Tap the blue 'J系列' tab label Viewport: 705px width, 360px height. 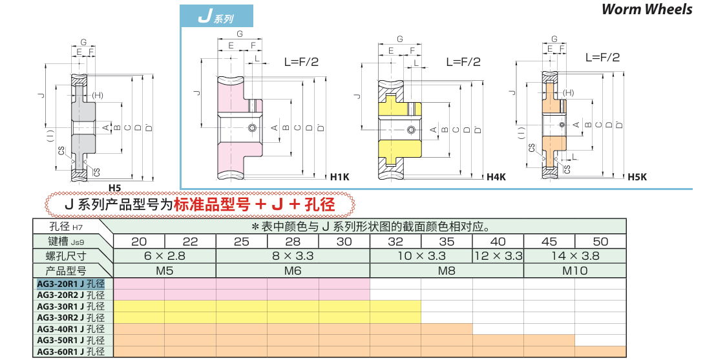coord(216,17)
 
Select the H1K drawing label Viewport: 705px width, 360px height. coord(339,177)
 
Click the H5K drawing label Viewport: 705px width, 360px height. coord(637,177)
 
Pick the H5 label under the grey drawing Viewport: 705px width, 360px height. coord(114,187)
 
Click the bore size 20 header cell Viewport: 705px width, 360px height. coord(139,242)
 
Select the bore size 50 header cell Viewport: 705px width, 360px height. coord(600,242)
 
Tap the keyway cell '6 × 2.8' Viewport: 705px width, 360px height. coord(165,256)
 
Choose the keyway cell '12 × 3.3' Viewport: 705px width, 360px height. coord(498,256)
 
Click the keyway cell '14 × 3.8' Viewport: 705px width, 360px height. coord(574,256)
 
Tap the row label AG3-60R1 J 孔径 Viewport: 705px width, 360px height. coord(71,352)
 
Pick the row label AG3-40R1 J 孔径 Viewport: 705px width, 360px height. coord(71,329)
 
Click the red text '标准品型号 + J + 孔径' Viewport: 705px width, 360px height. coord(254,205)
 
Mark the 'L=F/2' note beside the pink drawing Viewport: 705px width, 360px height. coord(301,62)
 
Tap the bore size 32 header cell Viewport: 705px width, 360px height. coord(395,242)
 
